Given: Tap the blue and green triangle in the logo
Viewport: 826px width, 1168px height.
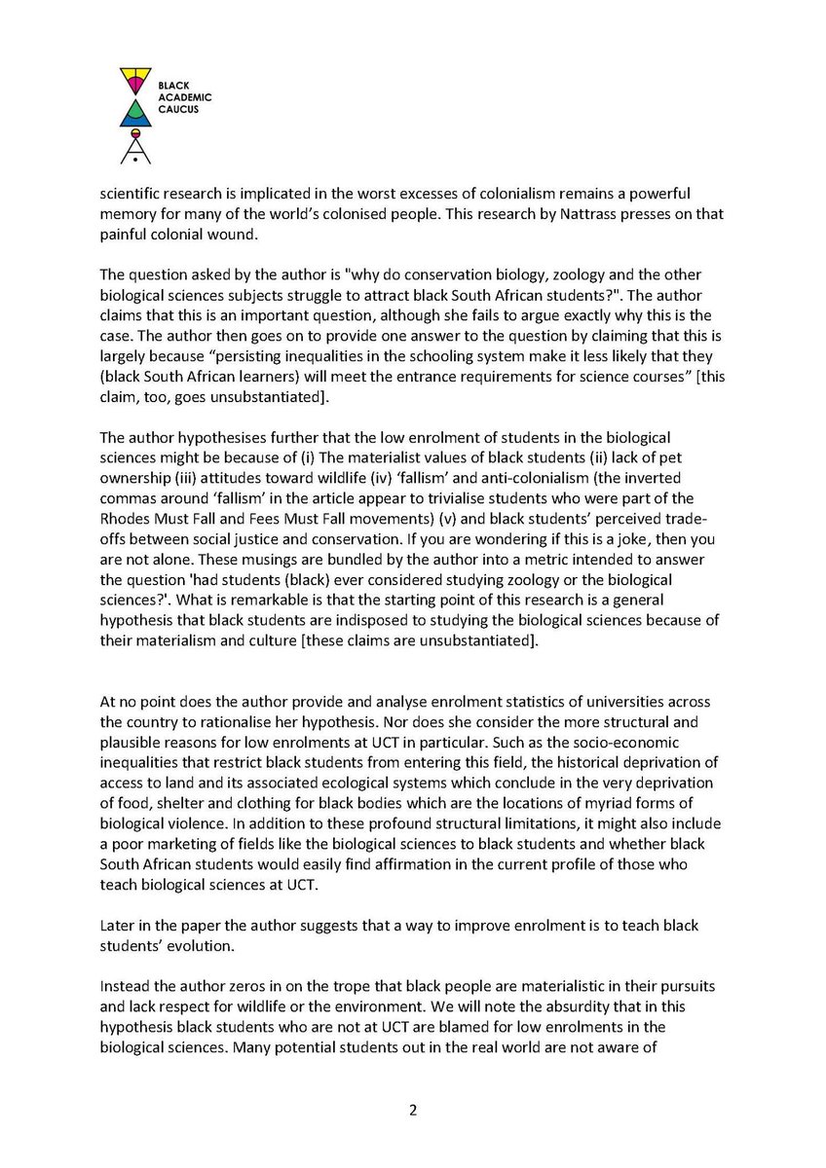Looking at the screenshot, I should tap(136, 114).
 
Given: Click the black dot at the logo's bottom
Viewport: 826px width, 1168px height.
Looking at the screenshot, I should tap(136, 156).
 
